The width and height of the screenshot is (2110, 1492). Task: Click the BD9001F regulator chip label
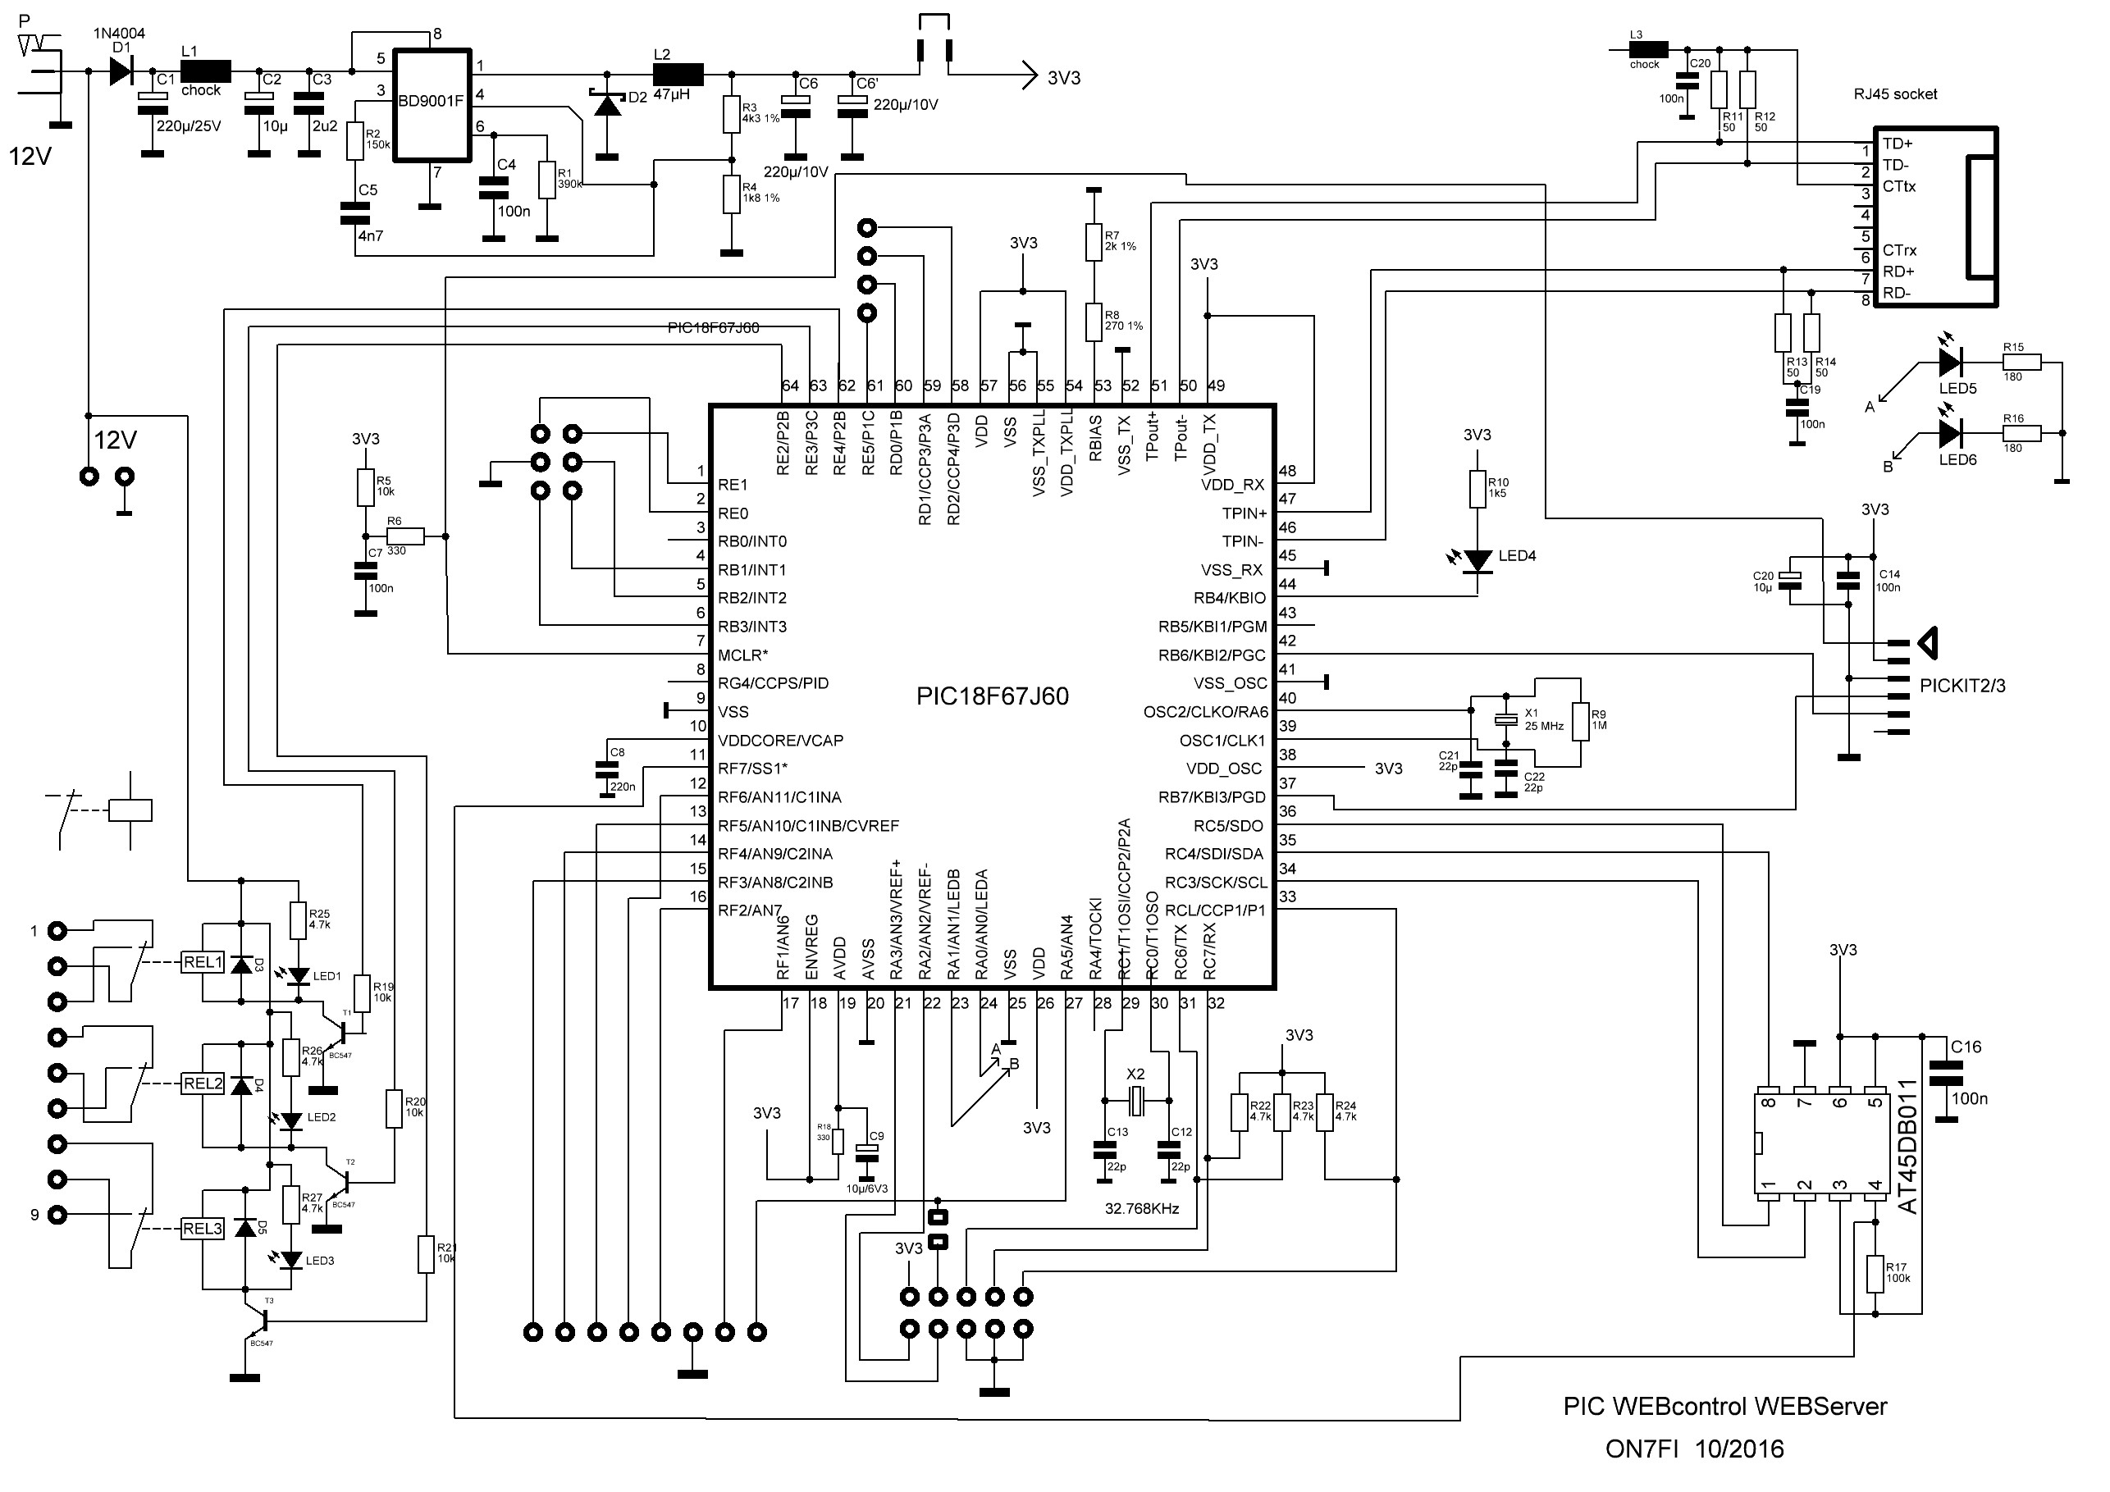[x=430, y=101]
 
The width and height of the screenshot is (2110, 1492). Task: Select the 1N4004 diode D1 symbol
[x=121, y=71]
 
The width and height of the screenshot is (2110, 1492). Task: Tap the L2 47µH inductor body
[x=678, y=74]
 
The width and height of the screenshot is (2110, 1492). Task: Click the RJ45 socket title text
[x=1895, y=94]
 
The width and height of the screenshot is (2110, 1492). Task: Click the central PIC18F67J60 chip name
[x=992, y=696]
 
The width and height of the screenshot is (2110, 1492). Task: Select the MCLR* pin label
[x=742, y=655]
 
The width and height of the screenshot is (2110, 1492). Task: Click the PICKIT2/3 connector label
[x=1962, y=686]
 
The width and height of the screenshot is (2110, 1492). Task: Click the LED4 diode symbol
[x=1477, y=559]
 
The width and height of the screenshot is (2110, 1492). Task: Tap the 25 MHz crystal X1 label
[x=1544, y=720]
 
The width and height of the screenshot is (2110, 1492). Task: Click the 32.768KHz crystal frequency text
[x=1141, y=1209]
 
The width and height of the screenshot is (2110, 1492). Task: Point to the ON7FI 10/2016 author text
[x=1694, y=1449]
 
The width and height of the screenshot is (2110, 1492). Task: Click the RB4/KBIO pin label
[x=1229, y=598]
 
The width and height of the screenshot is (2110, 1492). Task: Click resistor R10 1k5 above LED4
[x=1477, y=489]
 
